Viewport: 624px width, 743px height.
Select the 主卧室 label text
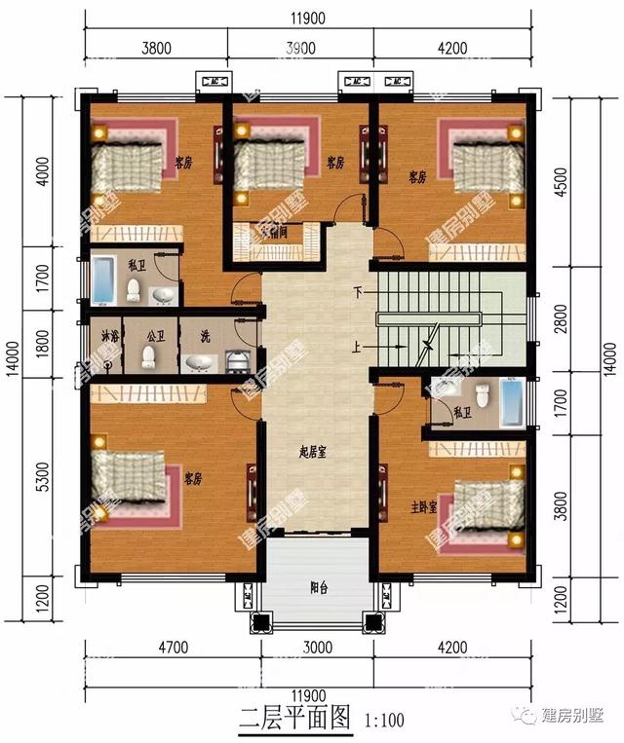423,506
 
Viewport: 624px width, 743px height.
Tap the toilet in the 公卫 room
148,357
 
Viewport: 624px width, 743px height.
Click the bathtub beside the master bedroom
511,402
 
